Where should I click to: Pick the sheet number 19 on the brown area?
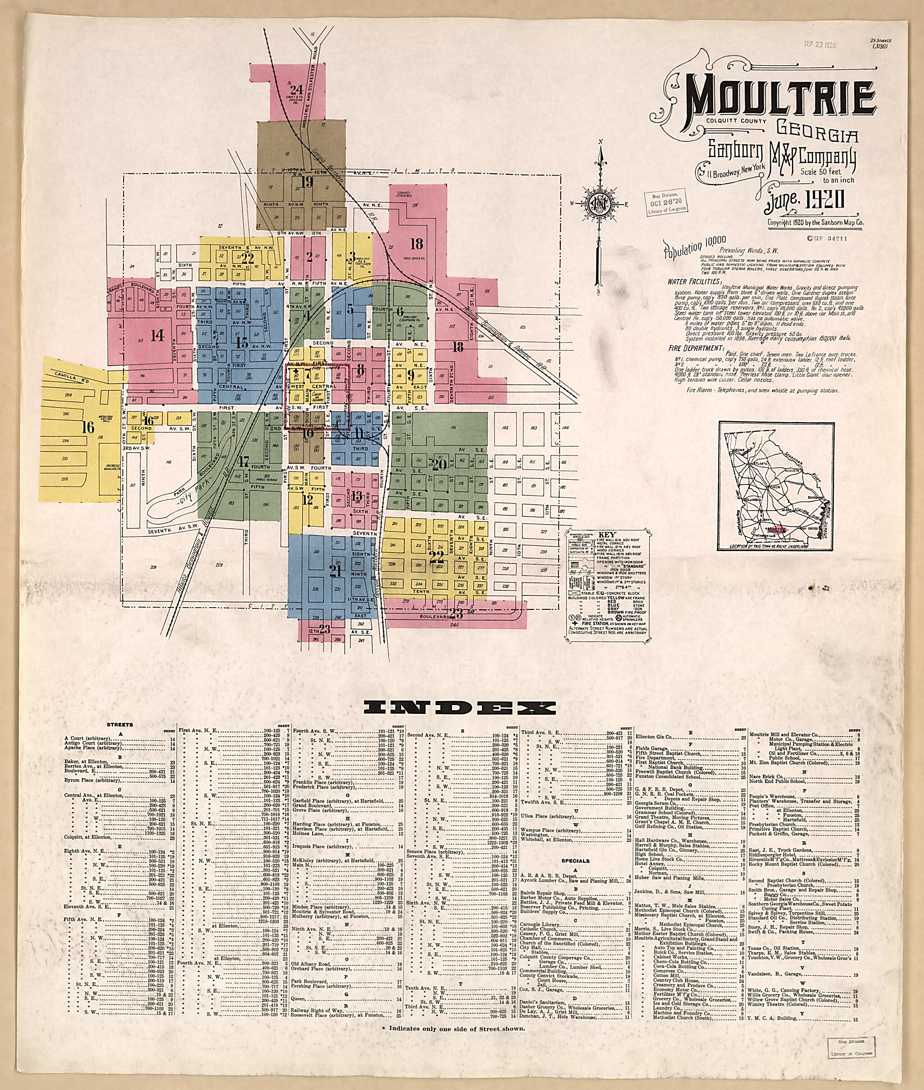[306, 182]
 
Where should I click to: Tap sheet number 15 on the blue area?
[241, 343]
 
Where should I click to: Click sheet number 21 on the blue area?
[336, 572]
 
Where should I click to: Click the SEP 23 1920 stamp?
[819, 45]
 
